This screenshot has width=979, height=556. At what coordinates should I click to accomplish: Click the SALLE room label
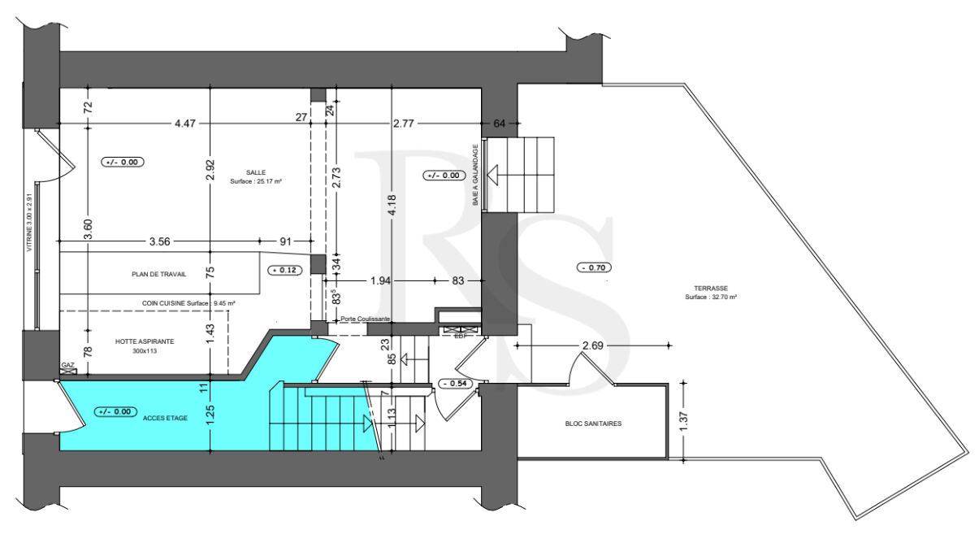coord(257,172)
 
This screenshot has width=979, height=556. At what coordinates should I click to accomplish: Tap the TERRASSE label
coord(710,288)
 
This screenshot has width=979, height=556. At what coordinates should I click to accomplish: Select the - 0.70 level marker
coord(594,267)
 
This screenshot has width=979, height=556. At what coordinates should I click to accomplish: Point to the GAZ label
coord(67,366)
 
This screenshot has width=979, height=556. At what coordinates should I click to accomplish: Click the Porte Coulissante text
coord(366,319)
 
